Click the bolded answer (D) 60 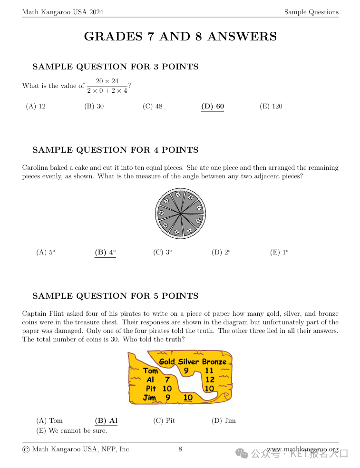pos(213,106)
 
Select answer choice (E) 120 pos(271,106)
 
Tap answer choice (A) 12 pos(36,106)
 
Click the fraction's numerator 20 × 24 pos(107,81)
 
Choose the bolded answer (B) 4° pos(105,253)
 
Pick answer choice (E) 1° pos(279,253)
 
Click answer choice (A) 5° pos(46,253)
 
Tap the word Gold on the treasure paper pos(167,361)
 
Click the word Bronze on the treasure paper pos(214,361)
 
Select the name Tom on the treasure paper pos(151,370)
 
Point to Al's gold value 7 pos(167,380)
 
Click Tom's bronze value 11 pos(209,370)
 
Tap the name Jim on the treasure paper pos(149,398)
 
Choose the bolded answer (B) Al pos(106,420)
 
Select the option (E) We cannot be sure pos(71,431)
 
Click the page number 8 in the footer pos(180,449)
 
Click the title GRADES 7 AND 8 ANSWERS pos(180,37)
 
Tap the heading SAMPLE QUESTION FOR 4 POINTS pos(116,150)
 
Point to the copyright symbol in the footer pos(26,449)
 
